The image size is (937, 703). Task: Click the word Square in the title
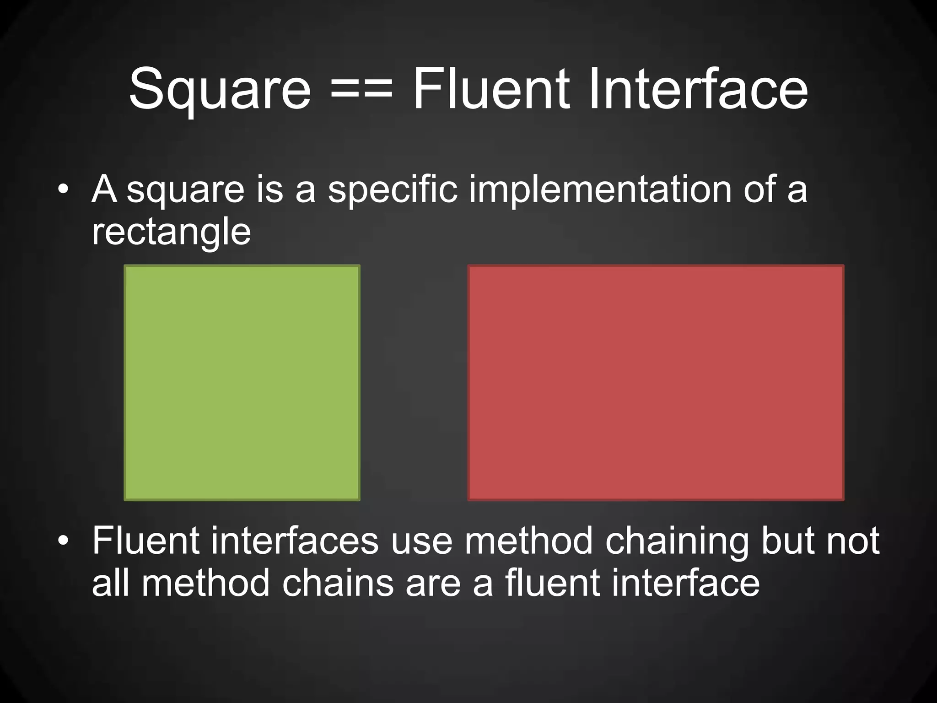coord(220,89)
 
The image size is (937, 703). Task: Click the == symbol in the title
coord(361,89)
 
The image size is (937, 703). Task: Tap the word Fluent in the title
coord(491,89)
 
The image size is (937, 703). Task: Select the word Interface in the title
coord(698,89)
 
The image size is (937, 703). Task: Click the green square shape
coord(242,383)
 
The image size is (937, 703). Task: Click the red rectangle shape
coord(656,383)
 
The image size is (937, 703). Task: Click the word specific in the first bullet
coord(393,190)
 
